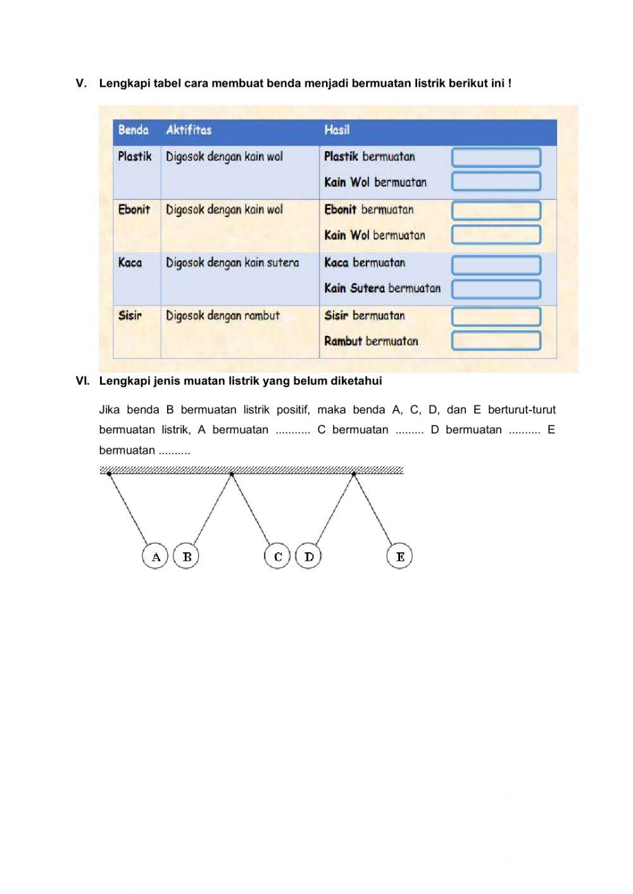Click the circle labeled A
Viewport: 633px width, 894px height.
tap(155, 557)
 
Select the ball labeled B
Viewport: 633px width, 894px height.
tap(186, 556)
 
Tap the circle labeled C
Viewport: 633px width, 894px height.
tap(277, 556)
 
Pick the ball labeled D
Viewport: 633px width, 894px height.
tap(308, 556)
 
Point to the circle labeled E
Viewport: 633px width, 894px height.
tap(399, 556)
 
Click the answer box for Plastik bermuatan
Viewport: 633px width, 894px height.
tap(496, 157)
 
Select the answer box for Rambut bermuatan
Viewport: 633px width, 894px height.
tap(496, 340)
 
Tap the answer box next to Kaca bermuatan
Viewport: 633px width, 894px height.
tap(496, 264)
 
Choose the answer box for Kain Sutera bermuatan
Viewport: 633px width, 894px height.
tap(496, 289)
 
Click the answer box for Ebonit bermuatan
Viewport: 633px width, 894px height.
tap(496, 210)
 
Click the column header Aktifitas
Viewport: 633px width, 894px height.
tap(189, 130)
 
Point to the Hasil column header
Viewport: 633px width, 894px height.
tap(337, 130)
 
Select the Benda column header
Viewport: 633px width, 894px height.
tap(134, 130)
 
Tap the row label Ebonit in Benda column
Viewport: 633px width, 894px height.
tap(134, 209)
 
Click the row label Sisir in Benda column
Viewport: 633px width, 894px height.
tap(130, 316)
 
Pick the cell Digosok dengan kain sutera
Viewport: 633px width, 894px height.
tap(232, 263)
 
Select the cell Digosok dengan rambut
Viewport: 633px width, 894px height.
tap(223, 316)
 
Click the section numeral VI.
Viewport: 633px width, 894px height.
tap(82, 381)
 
